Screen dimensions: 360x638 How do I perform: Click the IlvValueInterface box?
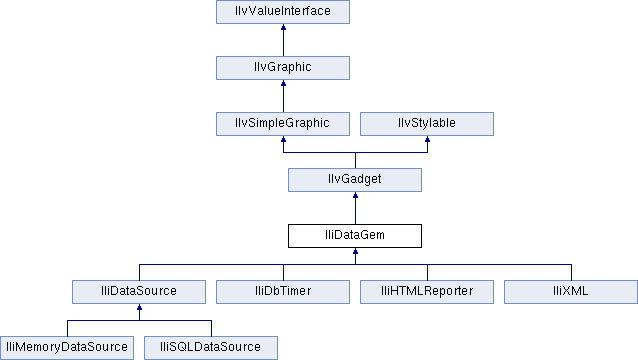click(x=283, y=12)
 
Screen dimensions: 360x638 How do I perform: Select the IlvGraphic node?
click(x=283, y=68)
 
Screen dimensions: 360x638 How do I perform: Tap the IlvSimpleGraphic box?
click(x=283, y=124)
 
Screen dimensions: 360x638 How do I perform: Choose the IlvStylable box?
click(x=427, y=124)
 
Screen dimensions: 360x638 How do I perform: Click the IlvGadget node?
click(x=355, y=180)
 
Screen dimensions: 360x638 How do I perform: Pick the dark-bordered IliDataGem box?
click(x=355, y=236)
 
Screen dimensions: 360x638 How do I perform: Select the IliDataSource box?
click(x=139, y=292)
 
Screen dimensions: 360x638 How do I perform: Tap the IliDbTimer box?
click(x=283, y=292)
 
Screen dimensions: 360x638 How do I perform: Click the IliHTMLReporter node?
click(x=427, y=292)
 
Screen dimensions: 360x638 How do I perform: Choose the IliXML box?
click(x=571, y=292)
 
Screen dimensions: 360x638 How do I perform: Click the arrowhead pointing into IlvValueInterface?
click(x=283, y=30)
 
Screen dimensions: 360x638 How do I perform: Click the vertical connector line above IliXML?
click(x=571, y=272)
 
